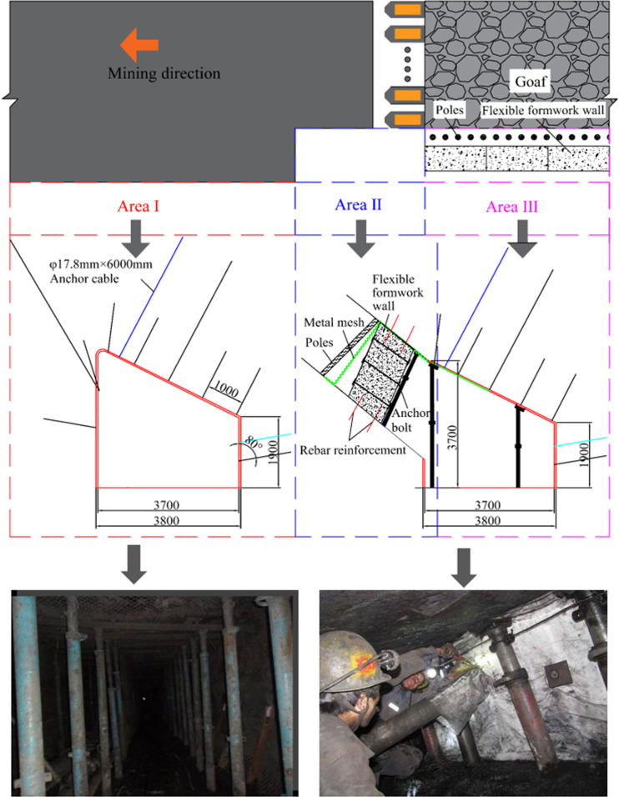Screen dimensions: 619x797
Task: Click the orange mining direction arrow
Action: pos(139,45)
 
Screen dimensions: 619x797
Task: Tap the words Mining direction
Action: pos(164,73)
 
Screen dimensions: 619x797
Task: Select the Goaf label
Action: pos(531,82)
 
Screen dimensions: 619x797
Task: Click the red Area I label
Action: pos(138,206)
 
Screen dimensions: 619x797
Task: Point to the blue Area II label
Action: pos(358,205)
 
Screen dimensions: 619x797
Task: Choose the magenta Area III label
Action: pos(511,207)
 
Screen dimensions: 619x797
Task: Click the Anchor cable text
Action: pos(84,278)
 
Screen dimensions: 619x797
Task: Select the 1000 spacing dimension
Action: pos(225,389)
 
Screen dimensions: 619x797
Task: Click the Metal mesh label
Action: pos(334,323)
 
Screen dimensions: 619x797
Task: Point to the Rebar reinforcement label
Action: pos(353,450)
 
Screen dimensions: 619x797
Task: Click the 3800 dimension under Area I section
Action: pos(167,520)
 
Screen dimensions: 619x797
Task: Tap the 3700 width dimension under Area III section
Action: pos(487,505)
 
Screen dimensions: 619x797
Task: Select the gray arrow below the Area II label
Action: pos(360,238)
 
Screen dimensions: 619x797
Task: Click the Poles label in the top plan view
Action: pos(450,110)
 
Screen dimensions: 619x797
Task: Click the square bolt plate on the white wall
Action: pos(554,674)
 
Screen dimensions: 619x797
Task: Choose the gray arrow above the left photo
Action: pos(133,564)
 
